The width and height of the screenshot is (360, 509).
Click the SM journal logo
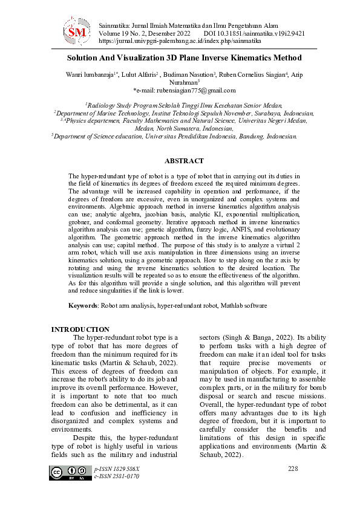click(x=77, y=31)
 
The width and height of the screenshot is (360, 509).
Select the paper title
click(x=184, y=59)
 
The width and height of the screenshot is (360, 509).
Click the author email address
click(x=187, y=90)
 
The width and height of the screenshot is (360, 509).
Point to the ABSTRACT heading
click(x=184, y=161)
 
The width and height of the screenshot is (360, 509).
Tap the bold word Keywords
click(x=83, y=306)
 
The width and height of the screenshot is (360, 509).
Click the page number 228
click(x=293, y=468)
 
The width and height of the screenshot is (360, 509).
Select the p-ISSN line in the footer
click(x=117, y=469)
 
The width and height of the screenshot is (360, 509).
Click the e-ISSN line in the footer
click(x=117, y=476)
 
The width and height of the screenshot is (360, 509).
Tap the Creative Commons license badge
click(x=68, y=473)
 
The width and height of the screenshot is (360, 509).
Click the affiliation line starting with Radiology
click(x=184, y=105)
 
